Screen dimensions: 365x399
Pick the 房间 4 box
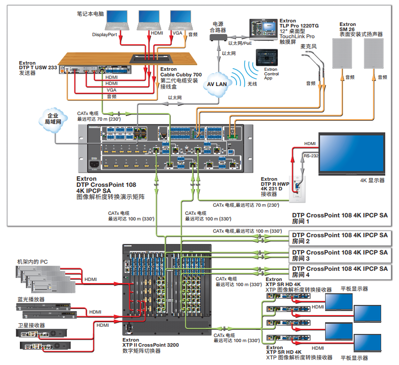point(340,271)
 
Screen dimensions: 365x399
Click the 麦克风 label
point(309,46)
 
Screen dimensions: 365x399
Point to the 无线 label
point(252,83)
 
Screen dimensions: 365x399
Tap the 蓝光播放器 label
point(31,299)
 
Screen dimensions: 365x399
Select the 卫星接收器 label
point(31,325)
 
